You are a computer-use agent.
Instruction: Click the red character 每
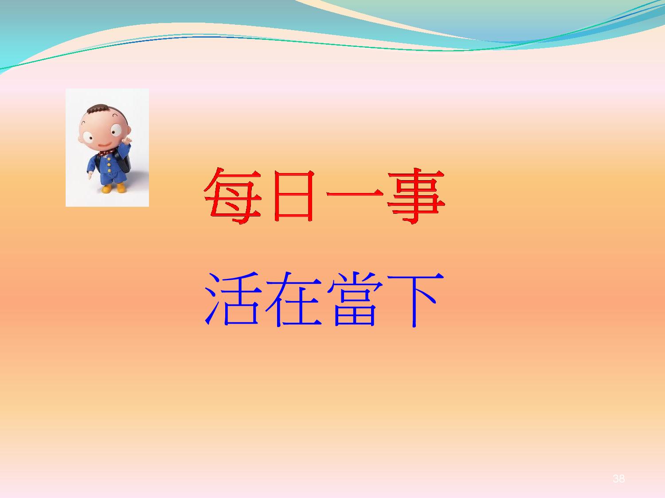[x=232, y=196]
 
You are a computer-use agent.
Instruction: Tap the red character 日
[x=293, y=196]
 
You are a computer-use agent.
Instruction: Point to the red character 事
[x=416, y=196]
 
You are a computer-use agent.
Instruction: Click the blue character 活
[x=232, y=299]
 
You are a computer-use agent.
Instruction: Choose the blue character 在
[x=293, y=299]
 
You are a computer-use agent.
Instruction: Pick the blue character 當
[x=355, y=299]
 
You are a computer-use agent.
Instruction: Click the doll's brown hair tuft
[x=97, y=108]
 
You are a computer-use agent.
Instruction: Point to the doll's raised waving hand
[x=128, y=141]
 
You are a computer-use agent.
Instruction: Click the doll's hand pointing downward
[x=90, y=176]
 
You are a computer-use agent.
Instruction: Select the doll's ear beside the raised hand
[x=129, y=131]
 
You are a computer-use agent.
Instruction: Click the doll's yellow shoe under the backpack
[x=121, y=187]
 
